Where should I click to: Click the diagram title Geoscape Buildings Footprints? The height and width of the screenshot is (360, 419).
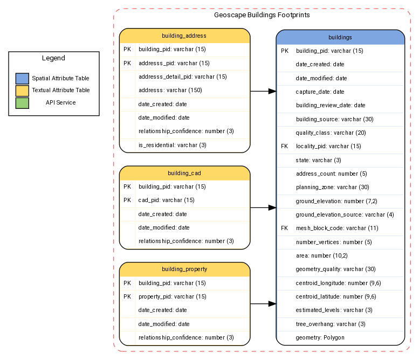[x=262, y=15]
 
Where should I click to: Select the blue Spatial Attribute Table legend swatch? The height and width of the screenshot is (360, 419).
[x=22, y=79]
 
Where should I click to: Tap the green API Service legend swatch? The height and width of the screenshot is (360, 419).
[x=22, y=102]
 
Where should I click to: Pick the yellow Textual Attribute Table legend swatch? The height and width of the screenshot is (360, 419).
[x=22, y=91]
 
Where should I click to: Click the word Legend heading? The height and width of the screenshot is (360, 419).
[x=53, y=58]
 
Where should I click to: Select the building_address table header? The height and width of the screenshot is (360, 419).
[x=184, y=36]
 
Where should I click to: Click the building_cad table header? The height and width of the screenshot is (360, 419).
[x=184, y=173]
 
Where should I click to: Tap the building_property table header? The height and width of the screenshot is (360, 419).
[x=184, y=269]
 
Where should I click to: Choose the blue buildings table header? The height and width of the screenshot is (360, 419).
[x=340, y=37]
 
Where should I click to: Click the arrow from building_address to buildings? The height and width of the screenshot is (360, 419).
[x=263, y=92]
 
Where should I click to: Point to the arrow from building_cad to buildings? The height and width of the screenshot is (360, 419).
[x=263, y=207]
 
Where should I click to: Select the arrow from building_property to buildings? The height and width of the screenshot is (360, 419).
[x=263, y=304]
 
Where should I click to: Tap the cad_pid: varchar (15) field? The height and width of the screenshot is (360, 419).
[x=166, y=200]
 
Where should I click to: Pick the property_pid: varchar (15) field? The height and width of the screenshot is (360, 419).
[x=172, y=296]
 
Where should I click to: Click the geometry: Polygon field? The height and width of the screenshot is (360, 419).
[x=320, y=337]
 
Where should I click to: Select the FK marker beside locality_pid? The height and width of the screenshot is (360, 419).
[x=285, y=146]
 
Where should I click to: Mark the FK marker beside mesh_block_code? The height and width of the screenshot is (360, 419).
[x=285, y=228]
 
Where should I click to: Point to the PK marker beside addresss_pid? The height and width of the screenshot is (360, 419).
[x=127, y=63]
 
